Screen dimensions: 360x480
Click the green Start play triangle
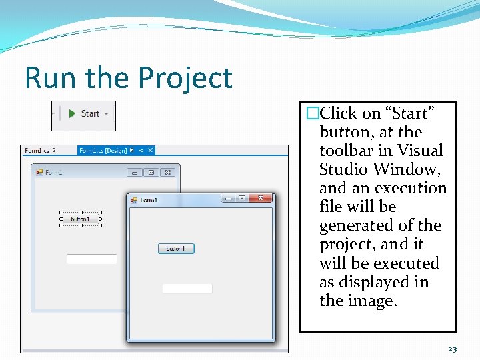click(71, 114)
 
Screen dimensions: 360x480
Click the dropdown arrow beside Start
click(106, 114)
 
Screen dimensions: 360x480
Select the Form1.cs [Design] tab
click(103, 151)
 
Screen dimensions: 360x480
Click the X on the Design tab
click(151, 151)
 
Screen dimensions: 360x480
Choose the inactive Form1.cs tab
click(39, 151)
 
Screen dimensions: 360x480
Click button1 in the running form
click(176, 249)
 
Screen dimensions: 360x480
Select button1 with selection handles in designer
click(80, 219)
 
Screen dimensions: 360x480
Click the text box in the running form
click(187, 289)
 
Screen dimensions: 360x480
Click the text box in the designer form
click(92, 259)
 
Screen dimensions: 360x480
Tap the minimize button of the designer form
click(135, 172)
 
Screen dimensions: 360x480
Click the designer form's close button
click(168, 172)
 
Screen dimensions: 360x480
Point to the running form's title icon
click(133, 199)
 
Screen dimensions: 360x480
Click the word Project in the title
click(182, 78)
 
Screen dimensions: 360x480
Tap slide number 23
click(453, 349)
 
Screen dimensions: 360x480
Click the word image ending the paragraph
click(370, 301)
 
